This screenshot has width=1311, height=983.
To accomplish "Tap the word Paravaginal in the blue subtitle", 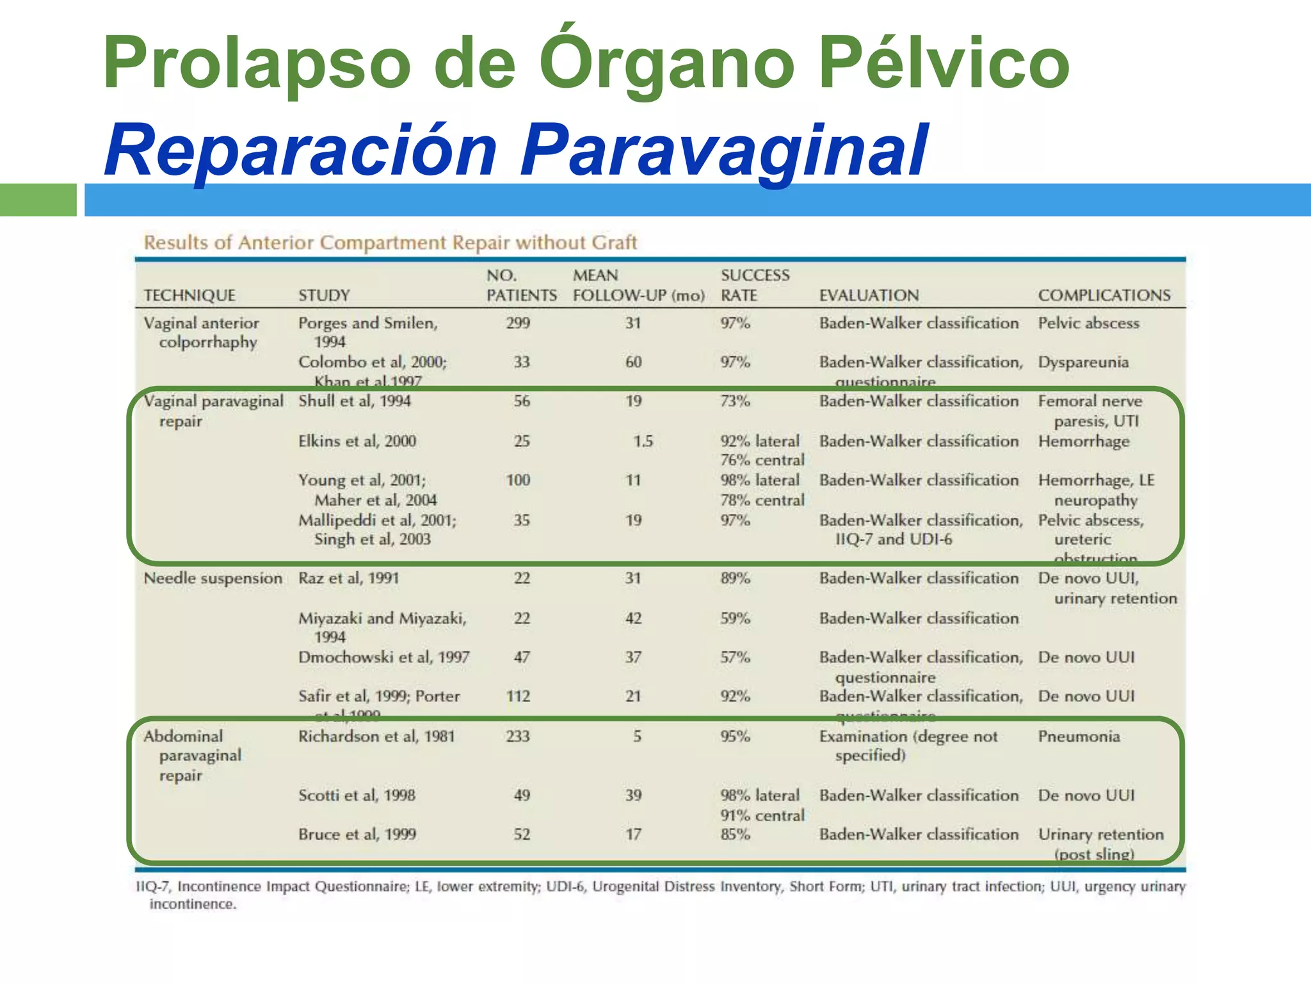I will tap(723, 150).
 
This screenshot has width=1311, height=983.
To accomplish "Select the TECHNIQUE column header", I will tap(189, 295).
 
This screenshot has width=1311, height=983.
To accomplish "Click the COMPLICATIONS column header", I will tap(1104, 295).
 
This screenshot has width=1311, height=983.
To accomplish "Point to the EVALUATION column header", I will tap(869, 295).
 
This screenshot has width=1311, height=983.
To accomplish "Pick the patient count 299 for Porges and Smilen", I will tap(518, 323).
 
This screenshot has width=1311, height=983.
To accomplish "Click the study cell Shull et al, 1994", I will tap(355, 401).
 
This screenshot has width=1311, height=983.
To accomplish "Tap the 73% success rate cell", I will tap(735, 401).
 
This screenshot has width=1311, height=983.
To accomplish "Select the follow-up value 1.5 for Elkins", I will tap(643, 441).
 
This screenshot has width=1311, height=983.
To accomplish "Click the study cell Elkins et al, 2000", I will tap(357, 441).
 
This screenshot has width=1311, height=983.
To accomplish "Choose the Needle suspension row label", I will tap(213, 579).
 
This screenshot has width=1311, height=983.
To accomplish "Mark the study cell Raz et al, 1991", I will tap(349, 579).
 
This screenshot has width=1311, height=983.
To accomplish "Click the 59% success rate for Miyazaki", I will tap(735, 618).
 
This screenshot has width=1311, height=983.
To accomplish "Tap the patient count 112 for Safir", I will tap(518, 696).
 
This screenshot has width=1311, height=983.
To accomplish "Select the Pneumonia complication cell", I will tap(1079, 737).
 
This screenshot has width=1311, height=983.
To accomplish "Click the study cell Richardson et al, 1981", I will tap(376, 737).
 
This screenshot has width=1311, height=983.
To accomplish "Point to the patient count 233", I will tap(518, 737).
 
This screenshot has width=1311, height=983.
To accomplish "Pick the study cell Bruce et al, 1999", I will tap(357, 835).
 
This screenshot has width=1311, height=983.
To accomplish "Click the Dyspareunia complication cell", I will tap(1083, 362).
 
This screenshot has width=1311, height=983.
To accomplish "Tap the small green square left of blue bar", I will tap(38, 200).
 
